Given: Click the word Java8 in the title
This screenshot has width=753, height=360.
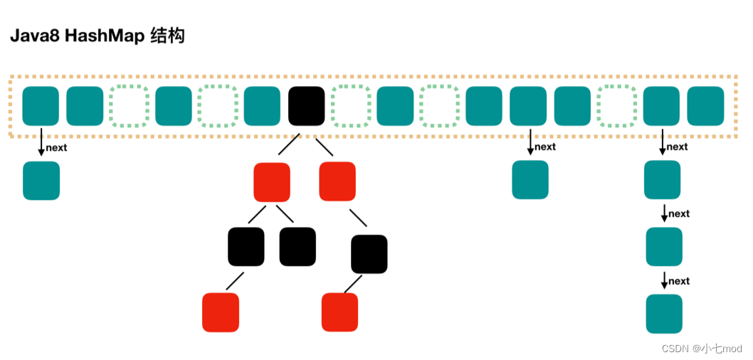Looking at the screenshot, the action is pyautogui.click(x=34, y=37).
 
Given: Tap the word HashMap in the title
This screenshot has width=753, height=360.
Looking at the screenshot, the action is pyautogui.click(x=104, y=37).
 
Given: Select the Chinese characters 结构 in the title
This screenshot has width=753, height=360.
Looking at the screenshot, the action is pyautogui.click(x=167, y=37).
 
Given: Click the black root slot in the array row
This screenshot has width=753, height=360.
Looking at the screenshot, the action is pyautogui.click(x=306, y=106).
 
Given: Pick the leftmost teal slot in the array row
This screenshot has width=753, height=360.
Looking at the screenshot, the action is pyautogui.click(x=41, y=106).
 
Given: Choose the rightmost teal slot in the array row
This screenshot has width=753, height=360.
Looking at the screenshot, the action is pyautogui.click(x=705, y=106).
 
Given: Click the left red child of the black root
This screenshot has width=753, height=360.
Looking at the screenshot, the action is pyautogui.click(x=272, y=182).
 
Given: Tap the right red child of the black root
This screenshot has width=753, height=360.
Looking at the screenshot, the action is pyautogui.click(x=337, y=181).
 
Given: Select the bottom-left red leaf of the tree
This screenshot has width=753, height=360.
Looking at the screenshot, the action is pyautogui.click(x=221, y=312).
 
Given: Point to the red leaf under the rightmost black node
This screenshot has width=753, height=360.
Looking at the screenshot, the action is pyautogui.click(x=340, y=312).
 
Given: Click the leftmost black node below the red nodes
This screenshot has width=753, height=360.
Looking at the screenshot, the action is pyautogui.click(x=246, y=247).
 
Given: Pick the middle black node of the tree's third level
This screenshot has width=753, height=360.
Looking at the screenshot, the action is pyautogui.click(x=297, y=247).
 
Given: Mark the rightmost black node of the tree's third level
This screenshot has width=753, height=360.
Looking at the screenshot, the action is pyautogui.click(x=369, y=255).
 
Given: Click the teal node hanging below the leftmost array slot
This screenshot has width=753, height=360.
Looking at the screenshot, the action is pyautogui.click(x=41, y=181).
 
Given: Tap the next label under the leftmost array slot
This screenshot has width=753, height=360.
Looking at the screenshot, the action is pyautogui.click(x=57, y=148).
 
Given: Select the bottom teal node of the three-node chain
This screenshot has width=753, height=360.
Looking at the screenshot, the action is pyautogui.click(x=664, y=314).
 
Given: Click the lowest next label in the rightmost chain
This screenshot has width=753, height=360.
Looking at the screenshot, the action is pyautogui.click(x=679, y=281).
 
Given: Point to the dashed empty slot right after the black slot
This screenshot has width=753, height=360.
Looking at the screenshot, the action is pyautogui.click(x=351, y=106).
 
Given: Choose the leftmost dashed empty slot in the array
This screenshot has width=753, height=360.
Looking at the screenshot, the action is pyautogui.click(x=129, y=106).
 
